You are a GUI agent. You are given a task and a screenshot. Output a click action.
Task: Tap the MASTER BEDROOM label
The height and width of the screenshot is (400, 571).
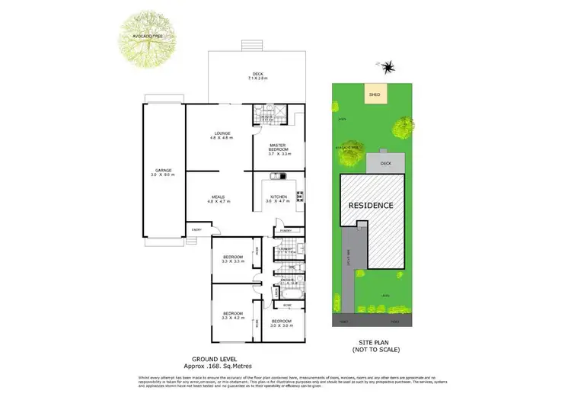tap(277, 149)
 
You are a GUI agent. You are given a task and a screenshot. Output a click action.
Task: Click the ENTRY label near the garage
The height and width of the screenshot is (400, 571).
tap(196, 229)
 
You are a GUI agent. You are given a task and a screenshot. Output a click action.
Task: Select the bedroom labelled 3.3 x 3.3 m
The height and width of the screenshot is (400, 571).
tap(231, 260)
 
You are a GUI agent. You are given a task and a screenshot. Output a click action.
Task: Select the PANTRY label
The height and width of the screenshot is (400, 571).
tap(286, 230)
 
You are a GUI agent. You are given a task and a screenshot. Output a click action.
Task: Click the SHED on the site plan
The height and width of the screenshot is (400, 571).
tap(374, 95)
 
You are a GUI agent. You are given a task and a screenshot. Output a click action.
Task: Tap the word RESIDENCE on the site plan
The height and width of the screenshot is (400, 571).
tap(371, 206)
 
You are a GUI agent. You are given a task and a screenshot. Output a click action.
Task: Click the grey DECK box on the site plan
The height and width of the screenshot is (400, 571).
tap(384, 162)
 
